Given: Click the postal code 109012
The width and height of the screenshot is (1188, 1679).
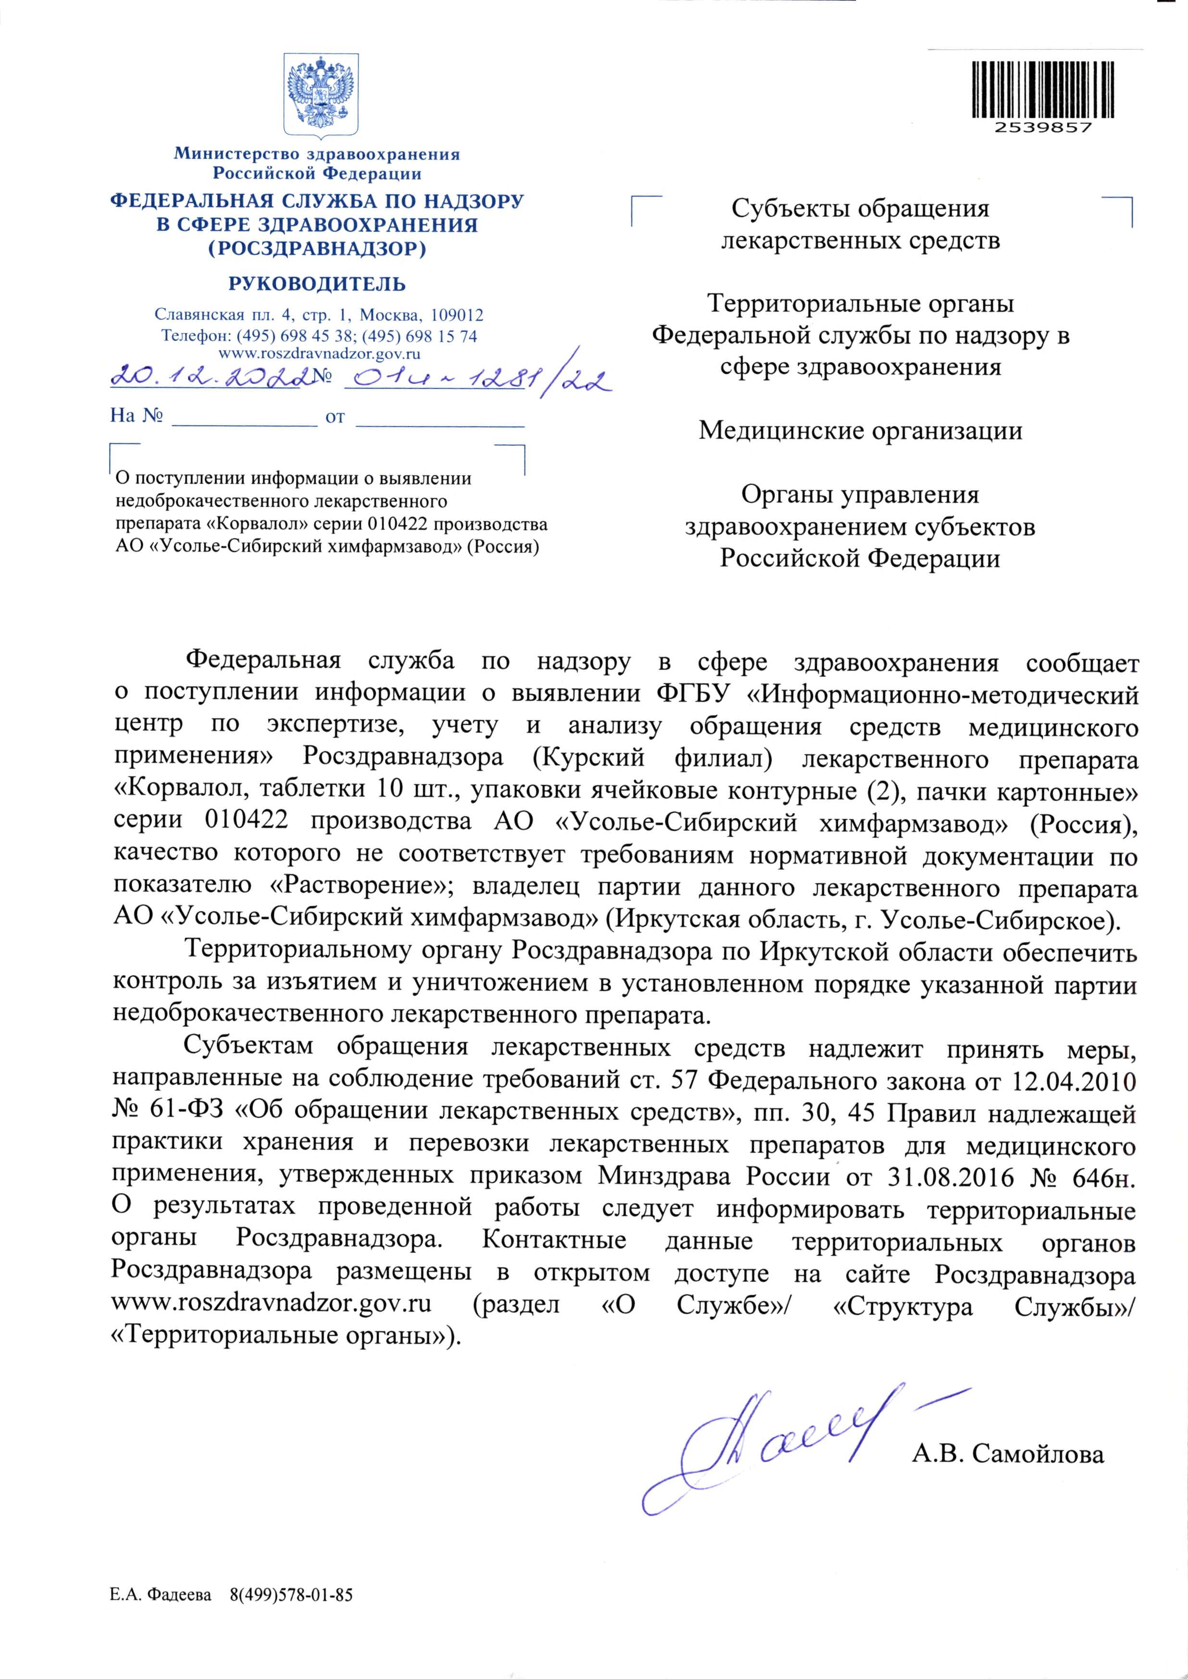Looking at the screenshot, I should pyautogui.click(x=457, y=316).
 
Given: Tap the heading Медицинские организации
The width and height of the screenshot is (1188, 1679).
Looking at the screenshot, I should pyautogui.click(x=860, y=431).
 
